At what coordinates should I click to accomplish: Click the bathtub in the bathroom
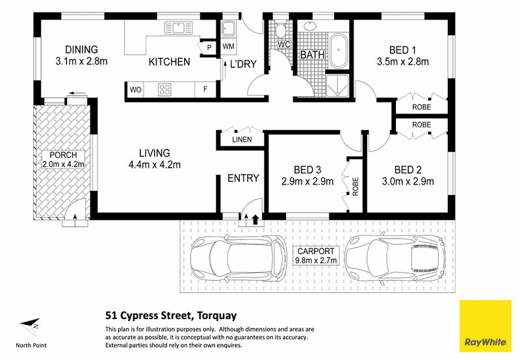tap(338, 51)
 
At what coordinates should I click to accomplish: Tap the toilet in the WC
tap(281, 30)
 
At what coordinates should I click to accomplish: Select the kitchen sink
tap(178, 28)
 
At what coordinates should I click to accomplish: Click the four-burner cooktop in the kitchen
tap(165, 90)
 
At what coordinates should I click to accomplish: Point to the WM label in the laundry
tap(228, 46)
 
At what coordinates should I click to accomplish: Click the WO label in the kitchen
tap(135, 90)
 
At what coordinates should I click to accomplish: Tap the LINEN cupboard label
tap(242, 140)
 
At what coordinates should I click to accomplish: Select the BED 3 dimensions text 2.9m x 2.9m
tap(307, 181)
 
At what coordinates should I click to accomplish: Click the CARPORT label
tap(315, 251)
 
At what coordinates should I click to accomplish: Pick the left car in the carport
tap(239, 258)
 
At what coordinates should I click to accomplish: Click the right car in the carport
tap(395, 258)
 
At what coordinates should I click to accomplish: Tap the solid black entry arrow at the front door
tap(255, 219)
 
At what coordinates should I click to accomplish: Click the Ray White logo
tap(486, 326)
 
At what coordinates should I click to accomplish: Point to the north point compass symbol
tap(30, 326)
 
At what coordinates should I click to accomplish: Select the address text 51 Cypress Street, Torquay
tap(171, 315)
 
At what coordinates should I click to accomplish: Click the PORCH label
tap(63, 155)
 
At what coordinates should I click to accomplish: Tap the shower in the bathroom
tap(337, 86)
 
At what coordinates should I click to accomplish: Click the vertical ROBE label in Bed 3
tap(356, 186)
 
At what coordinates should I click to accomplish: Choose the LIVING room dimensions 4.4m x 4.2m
tap(155, 164)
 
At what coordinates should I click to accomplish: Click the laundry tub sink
tap(229, 29)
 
